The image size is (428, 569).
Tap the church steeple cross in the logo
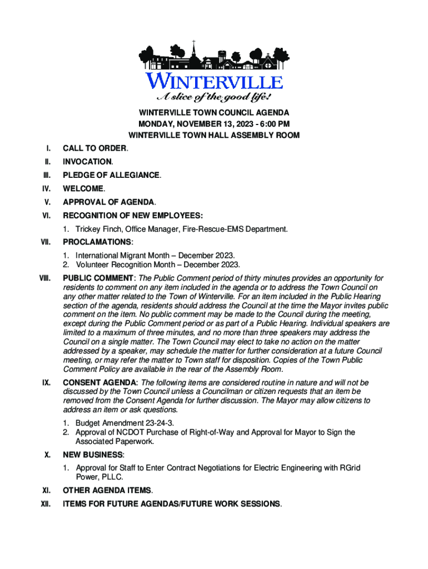pyautogui.click(x=194, y=42)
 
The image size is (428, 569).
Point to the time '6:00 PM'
pyautogui.click(x=275, y=124)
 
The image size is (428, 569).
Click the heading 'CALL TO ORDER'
pyautogui.click(x=94, y=148)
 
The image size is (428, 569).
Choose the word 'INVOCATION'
pyautogui.click(x=87, y=162)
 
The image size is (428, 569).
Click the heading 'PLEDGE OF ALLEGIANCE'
pyautogui.click(x=111, y=175)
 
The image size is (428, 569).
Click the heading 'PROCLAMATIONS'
pyautogui.click(x=97, y=242)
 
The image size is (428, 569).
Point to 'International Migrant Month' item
pyautogui.click(x=122, y=255)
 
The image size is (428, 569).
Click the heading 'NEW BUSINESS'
pyautogui.click(x=92, y=455)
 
